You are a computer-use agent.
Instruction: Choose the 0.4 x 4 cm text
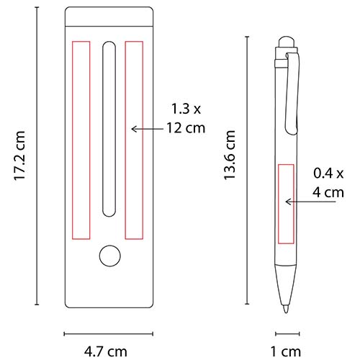click(x=328, y=183)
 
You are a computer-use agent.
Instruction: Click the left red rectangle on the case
click(x=81, y=139)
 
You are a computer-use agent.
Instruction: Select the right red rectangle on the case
click(x=135, y=139)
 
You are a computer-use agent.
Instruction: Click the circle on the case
click(x=109, y=256)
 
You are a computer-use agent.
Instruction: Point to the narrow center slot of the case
click(x=109, y=130)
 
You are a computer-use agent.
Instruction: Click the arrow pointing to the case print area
click(x=147, y=128)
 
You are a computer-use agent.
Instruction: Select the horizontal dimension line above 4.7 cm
click(x=109, y=333)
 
